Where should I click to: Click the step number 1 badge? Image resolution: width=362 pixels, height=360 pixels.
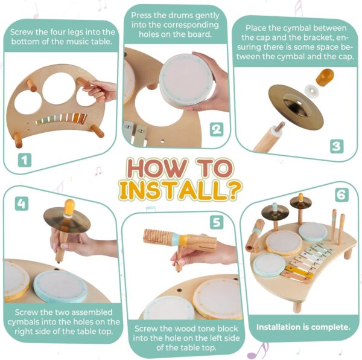point(24,159)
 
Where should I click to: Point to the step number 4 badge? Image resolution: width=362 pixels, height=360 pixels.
point(22,204)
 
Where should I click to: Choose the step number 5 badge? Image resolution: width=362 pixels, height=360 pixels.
point(216,222)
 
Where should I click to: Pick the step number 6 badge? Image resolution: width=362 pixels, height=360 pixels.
point(341,195)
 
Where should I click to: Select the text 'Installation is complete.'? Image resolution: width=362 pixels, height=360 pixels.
point(303,327)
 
